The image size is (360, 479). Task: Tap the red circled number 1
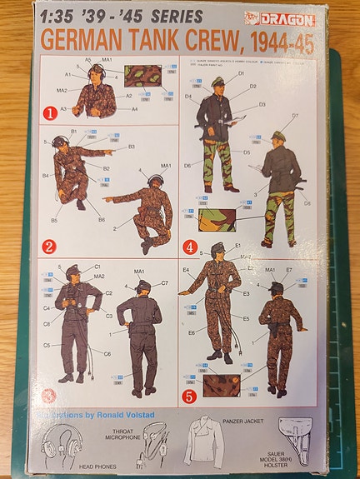pos(50,112)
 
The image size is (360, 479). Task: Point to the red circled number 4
pos(191,247)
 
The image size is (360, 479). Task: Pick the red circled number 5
pos(190,397)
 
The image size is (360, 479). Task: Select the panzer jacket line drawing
pos(204,443)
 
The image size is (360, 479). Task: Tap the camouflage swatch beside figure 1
pos(142,76)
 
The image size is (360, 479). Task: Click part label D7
pos(295,116)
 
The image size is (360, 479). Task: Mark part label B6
pos(101,219)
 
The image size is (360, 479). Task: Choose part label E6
pos(192,332)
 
